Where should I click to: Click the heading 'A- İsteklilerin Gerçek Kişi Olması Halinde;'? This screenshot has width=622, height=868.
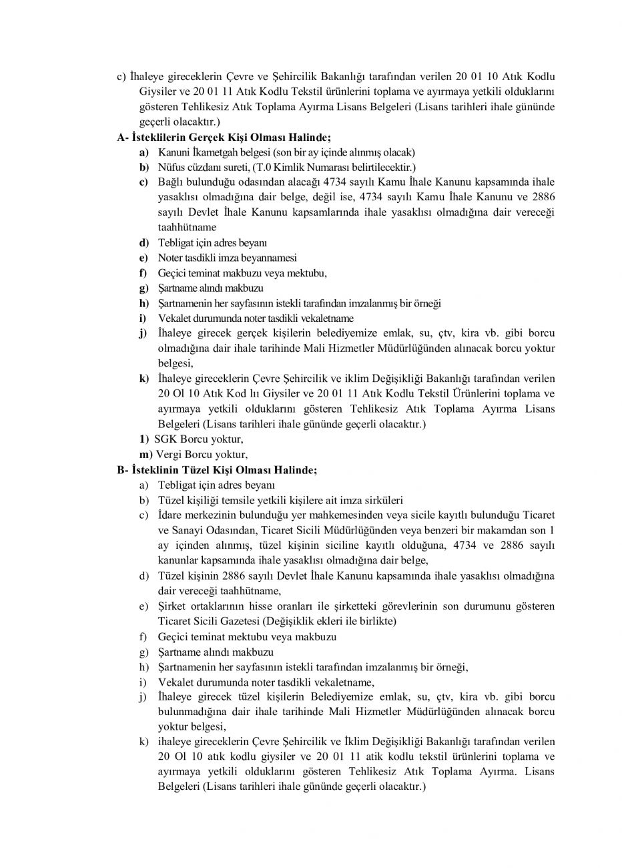point(214,138)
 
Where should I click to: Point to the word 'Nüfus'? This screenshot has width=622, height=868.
point(170,167)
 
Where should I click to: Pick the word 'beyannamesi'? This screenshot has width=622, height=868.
point(270,258)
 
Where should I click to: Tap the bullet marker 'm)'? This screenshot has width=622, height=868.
point(146,455)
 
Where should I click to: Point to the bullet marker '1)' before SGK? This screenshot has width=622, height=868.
point(144,440)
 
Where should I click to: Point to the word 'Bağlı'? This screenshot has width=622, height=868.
point(170,182)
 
